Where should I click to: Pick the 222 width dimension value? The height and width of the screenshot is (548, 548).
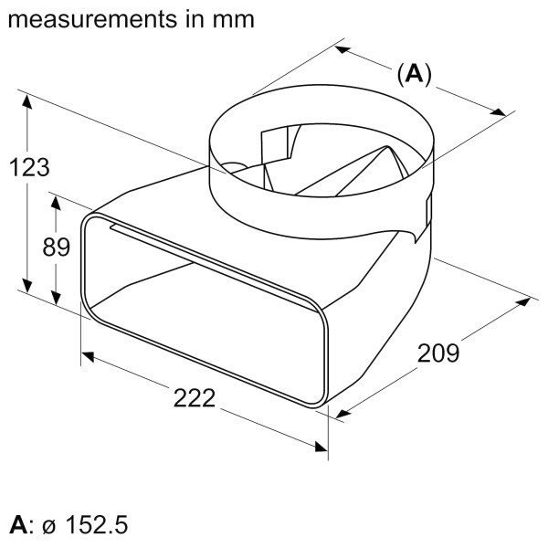pos(194,397)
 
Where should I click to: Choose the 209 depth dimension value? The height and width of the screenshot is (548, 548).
pos(438,352)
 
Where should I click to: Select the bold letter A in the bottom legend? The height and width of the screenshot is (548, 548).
pos(17,525)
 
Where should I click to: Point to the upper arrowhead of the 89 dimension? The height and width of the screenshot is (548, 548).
pos(58,206)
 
